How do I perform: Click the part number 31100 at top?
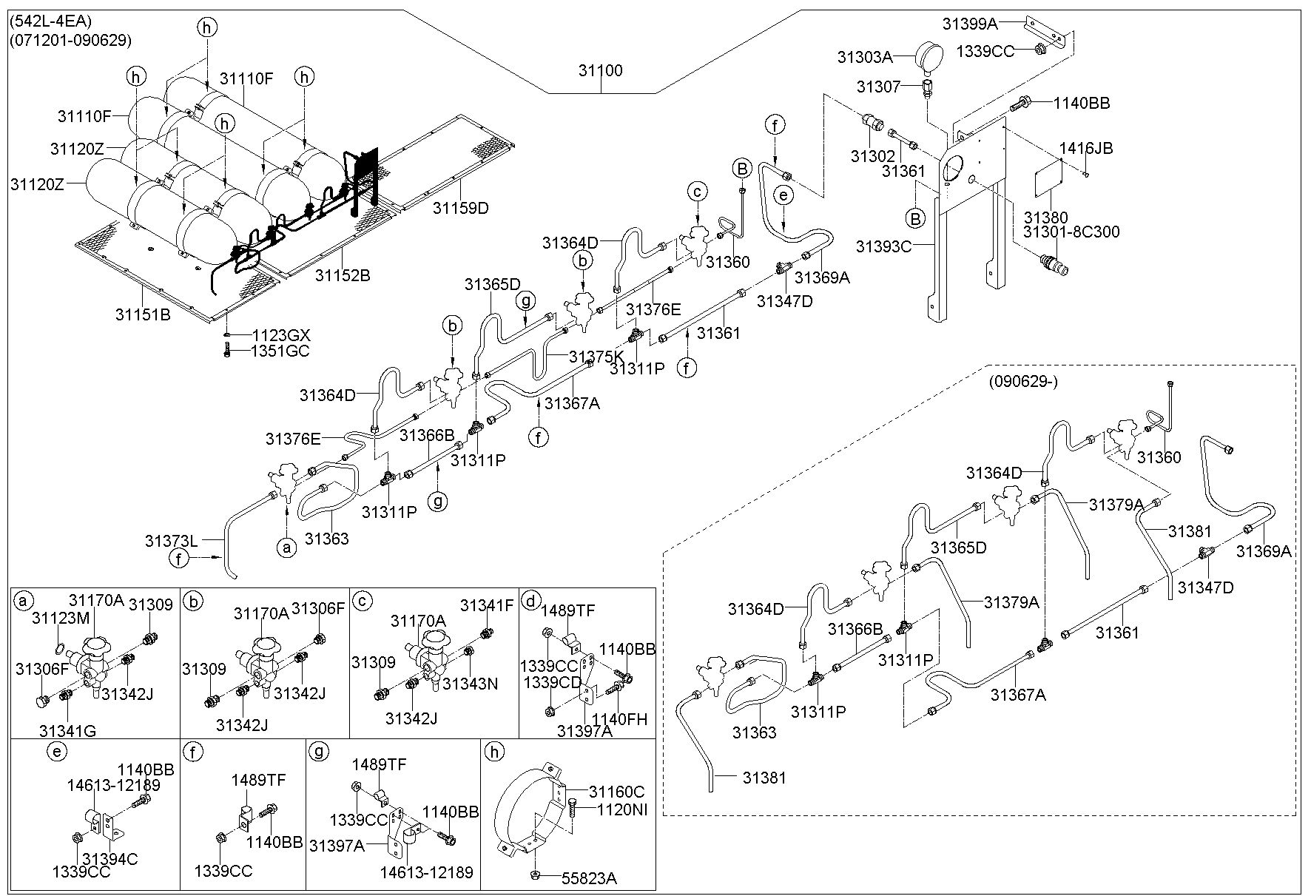[600, 71]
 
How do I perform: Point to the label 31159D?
[461, 208]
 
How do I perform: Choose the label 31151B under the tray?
[143, 314]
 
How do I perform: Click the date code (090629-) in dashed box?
[1023, 382]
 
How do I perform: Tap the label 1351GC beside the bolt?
[280, 351]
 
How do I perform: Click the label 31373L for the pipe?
[172, 541]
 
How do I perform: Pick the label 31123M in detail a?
[60, 618]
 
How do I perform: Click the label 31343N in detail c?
[470, 684]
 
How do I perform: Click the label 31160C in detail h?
[617, 792]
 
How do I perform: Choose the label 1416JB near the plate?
[1085, 148]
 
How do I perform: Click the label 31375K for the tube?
[597, 357]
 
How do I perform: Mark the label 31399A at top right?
[970, 24]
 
